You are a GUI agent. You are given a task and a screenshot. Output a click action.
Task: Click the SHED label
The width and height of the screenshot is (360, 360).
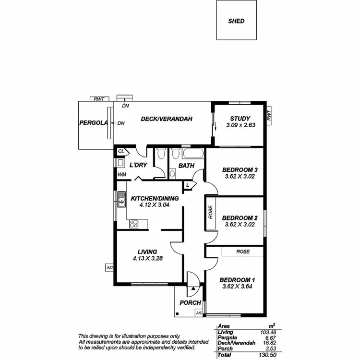236,21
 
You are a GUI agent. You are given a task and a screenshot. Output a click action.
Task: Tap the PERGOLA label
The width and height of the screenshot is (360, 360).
93,123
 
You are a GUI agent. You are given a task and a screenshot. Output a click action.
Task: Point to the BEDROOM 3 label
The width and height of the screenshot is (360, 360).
240,170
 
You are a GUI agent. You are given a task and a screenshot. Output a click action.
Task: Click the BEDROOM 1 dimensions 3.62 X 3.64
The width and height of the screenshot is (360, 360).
237,287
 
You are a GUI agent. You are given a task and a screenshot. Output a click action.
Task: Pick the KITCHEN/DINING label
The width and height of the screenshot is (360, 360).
155,198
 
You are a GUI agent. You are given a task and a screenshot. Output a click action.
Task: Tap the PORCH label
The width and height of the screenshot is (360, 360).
190,303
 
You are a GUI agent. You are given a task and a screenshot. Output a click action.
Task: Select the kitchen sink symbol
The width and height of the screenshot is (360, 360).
121,202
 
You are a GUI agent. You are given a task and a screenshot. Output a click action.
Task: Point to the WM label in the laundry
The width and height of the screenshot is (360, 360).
122,175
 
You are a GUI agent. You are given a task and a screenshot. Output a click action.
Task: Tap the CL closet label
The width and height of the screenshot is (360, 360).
121,152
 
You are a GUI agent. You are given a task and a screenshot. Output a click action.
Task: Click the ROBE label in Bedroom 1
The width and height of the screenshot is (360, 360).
242,251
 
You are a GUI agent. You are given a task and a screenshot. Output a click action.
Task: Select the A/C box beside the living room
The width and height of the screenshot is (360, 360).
109,267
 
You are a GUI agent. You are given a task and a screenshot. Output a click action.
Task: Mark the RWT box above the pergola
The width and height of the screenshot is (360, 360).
99,99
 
